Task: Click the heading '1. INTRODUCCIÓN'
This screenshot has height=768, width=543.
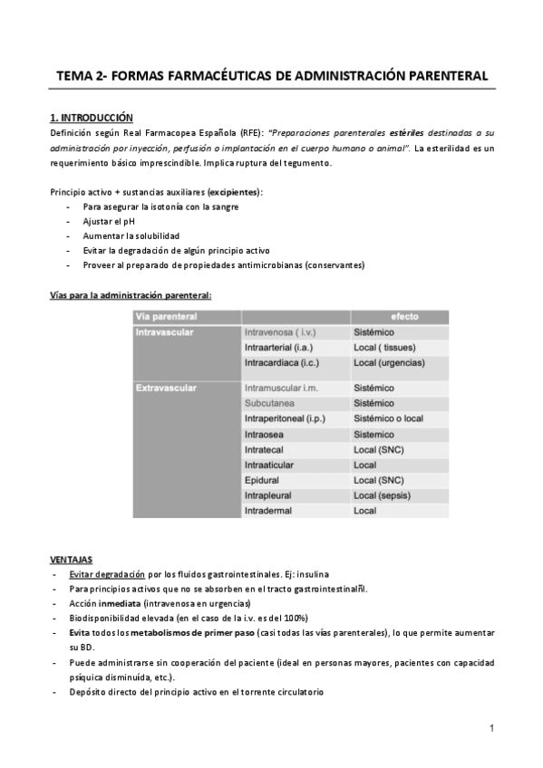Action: (91, 118)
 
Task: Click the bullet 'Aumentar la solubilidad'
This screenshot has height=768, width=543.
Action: (131, 235)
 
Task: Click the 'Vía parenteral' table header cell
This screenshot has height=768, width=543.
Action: (167, 316)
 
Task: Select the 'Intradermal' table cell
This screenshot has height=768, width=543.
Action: (269, 511)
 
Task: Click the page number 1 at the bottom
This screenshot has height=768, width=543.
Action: (490, 727)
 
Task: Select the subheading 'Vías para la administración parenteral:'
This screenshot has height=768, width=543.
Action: (131, 294)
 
